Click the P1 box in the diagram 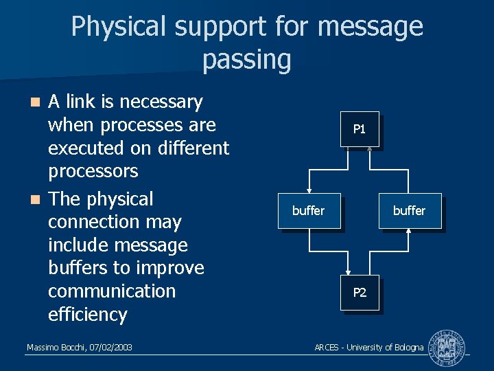point(359,129)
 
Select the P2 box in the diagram point(359,293)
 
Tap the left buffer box point(308,211)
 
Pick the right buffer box point(409,211)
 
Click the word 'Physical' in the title point(119,27)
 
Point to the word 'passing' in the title point(247,60)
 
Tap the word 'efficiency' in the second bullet point(87,315)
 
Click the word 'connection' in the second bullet point(115,222)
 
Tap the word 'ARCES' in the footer point(327,348)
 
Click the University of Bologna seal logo point(446,348)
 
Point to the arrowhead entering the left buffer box point(310,192)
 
